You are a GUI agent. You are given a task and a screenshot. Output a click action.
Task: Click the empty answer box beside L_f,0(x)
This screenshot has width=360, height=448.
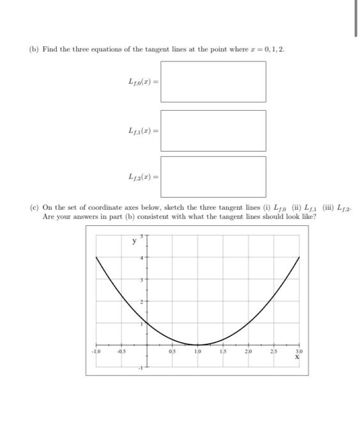point(213,81)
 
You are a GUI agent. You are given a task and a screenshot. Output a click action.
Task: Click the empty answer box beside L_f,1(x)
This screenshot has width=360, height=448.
point(213,130)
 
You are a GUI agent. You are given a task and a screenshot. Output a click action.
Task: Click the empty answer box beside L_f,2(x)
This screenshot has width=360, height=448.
point(213,176)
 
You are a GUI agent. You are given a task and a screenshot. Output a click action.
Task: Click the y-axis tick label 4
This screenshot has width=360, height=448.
point(143,257)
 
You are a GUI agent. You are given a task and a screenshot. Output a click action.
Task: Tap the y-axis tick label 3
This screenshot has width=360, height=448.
point(143,279)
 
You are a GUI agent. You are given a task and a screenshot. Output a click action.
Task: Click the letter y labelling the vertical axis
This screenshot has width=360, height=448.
point(134,242)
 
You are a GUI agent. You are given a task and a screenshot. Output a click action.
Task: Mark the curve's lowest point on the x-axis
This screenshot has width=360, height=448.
point(197,344)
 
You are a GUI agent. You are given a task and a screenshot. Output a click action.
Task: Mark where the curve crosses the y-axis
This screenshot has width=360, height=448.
point(146,323)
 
